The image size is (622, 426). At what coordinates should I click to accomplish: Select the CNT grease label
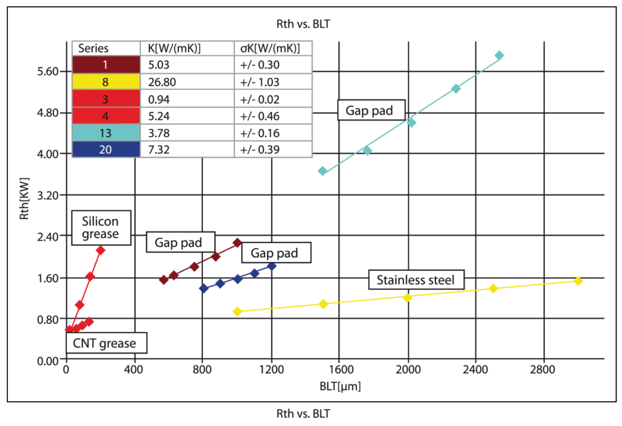coord(104,343)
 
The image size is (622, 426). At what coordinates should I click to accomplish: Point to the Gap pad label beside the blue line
coord(276,253)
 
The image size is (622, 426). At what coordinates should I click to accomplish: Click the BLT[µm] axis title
coord(335,385)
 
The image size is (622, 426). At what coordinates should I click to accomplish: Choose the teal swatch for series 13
coord(106,132)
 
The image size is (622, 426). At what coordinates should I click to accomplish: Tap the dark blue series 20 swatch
coord(106,149)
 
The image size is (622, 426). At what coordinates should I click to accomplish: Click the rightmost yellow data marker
coord(578,281)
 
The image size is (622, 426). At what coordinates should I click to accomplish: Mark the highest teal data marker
coord(499,55)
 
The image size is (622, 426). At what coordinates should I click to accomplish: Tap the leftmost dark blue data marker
coord(203,288)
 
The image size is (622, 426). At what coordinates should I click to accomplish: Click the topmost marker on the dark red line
coord(238,243)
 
